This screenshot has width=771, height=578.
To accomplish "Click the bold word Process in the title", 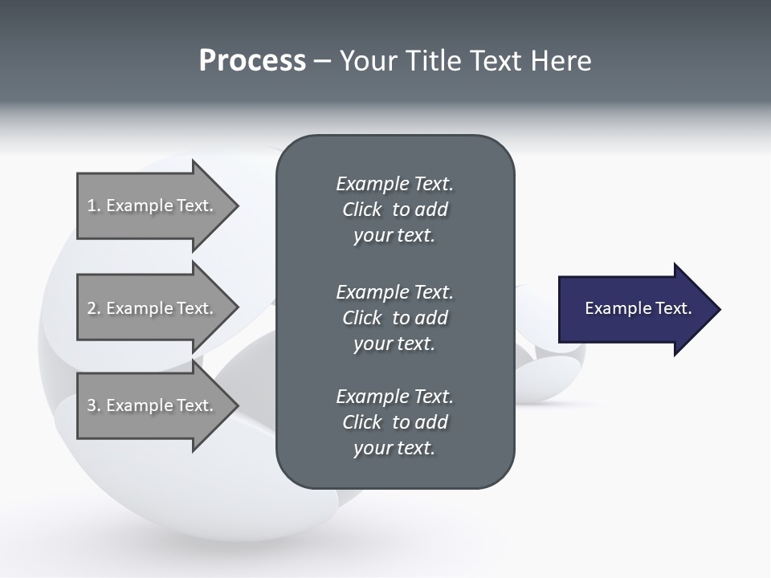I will click(x=252, y=61).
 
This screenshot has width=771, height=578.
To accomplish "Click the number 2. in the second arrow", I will click(x=94, y=308).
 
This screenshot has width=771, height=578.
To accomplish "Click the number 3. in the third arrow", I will click(x=94, y=405).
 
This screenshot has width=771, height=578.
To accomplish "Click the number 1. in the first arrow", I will click(x=94, y=206).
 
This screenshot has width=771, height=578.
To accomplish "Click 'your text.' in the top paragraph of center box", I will click(x=394, y=236).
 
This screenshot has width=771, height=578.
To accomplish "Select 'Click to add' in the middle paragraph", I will click(x=394, y=318).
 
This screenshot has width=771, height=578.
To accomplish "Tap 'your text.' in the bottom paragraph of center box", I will click(x=394, y=448).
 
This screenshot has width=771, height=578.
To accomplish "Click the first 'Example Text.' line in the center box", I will click(x=394, y=184).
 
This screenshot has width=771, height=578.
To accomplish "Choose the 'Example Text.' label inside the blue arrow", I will click(x=638, y=308).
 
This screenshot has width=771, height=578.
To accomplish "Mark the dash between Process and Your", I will click(x=322, y=61).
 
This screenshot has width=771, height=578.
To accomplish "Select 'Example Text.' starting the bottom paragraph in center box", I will click(x=394, y=397).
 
